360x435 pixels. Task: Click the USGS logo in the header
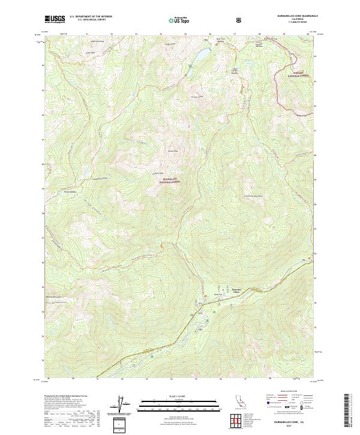click(x=55, y=19)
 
